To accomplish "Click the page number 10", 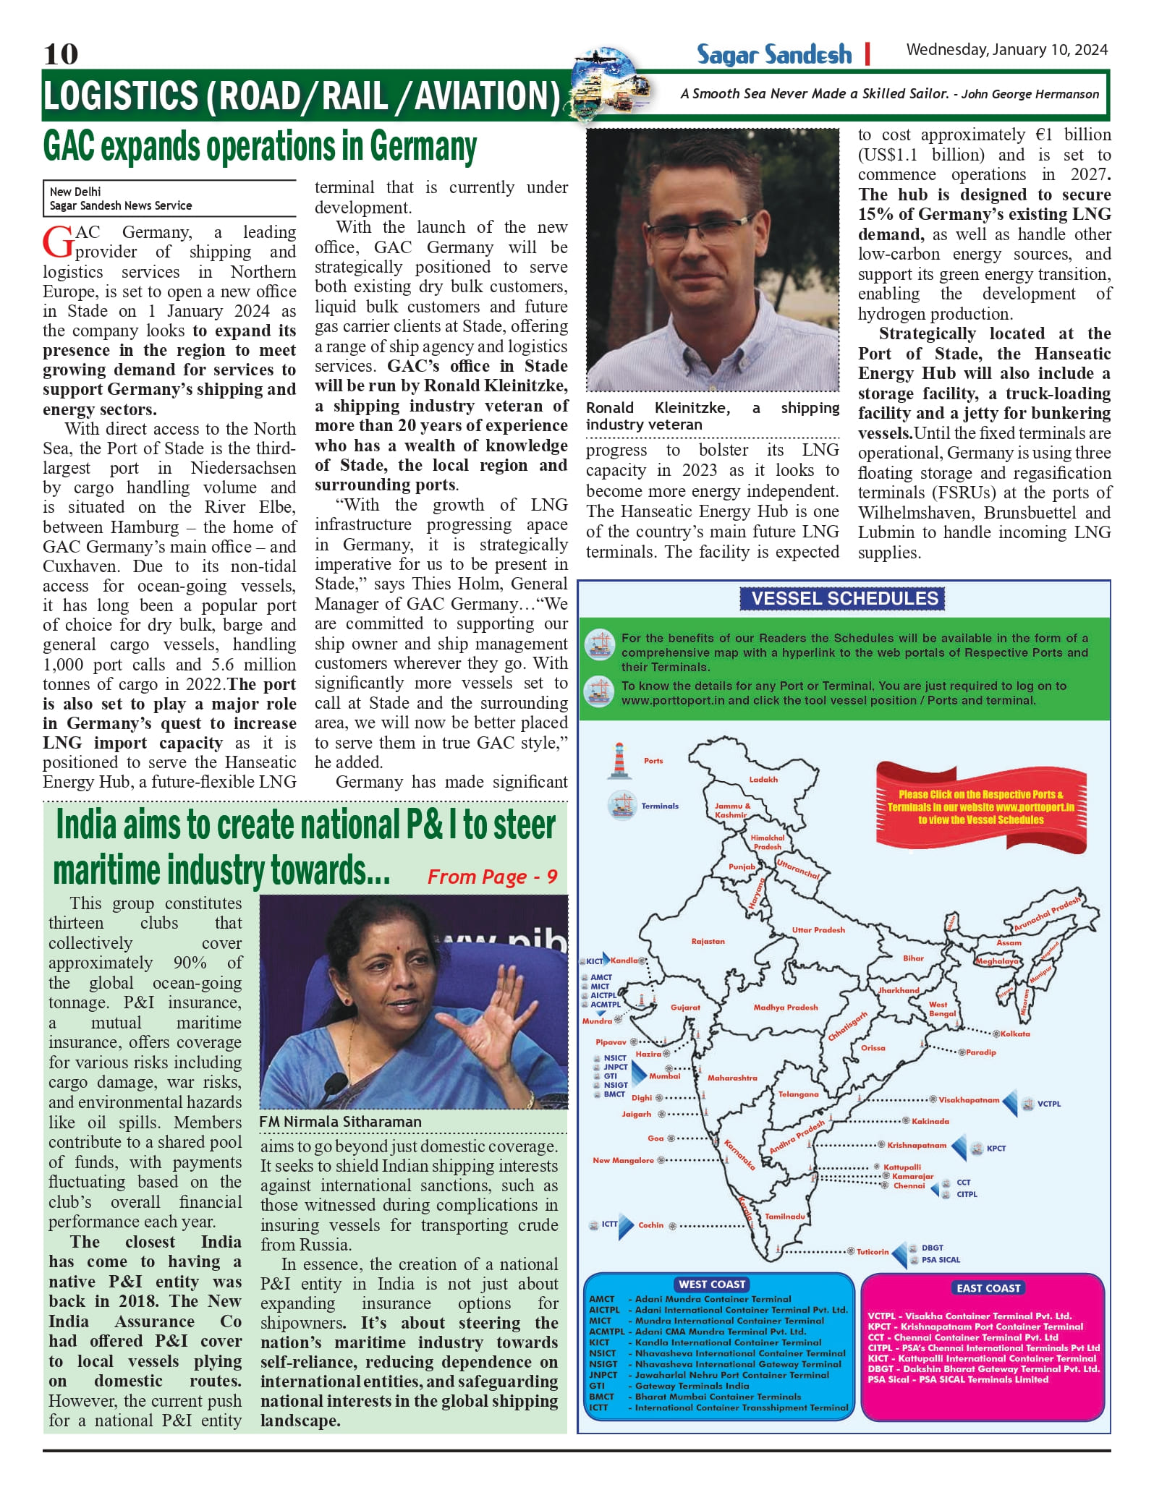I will coord(61,54).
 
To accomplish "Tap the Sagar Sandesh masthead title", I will coord(773,54).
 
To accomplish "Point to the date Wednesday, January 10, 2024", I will coord(1006,49).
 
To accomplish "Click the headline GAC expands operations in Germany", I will coord(260,147).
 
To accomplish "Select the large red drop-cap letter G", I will coord(58,242).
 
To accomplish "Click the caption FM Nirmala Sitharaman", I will coord(340,1121).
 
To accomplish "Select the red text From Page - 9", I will coord(492,877).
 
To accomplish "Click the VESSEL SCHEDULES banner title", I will coord(844,598).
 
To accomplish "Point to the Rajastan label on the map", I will coord(708,941).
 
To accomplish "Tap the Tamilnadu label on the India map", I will coord(785,1216).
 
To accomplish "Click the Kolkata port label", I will coord(1015,1034).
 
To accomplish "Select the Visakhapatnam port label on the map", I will coord(969,1099).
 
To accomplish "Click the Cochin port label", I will coord(650,1224).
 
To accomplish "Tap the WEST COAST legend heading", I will coord(711,1284).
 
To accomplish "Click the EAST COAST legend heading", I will coord(988,1287).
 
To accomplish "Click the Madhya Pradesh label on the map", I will coord(785,1007).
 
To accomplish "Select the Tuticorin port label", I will coord(873,1251).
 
